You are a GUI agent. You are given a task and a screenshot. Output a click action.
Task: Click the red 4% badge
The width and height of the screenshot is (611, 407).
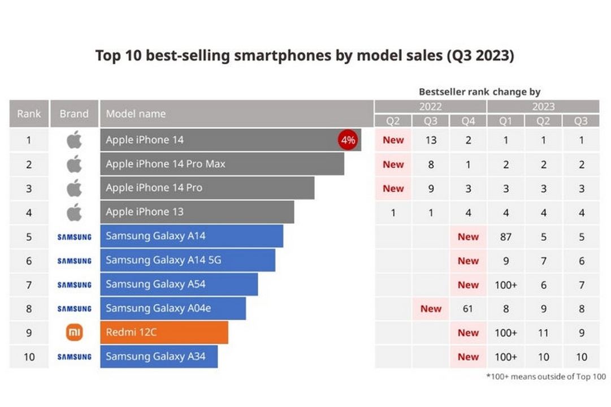[x=348, y=140]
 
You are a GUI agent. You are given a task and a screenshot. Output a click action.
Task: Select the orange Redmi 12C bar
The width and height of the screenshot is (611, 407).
[x=164, y=332]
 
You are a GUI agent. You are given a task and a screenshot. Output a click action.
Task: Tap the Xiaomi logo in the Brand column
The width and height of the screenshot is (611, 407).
[x=74, y=333]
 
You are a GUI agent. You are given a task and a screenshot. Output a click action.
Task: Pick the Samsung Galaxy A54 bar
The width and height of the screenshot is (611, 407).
[x=179, y=284]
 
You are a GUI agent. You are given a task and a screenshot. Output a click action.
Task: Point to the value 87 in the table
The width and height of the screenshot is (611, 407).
[x=505, y=237]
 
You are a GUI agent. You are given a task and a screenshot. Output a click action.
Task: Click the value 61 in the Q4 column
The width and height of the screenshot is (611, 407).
[x=468, y=309]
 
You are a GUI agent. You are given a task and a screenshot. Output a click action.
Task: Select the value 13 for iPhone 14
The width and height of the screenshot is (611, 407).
[x=431, y=140]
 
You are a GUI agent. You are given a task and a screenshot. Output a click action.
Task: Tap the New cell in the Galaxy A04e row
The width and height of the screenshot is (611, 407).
[x=431, y=309]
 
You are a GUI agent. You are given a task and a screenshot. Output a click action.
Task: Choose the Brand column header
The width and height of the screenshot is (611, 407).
[x=74, y=114]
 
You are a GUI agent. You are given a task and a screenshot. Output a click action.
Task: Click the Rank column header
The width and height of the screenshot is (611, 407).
[x=29, y=114]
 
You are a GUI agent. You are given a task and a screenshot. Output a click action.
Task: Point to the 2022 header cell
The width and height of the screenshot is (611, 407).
[x=431, y=106]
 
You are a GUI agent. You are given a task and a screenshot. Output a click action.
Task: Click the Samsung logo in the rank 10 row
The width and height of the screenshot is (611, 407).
[x=74, y=357]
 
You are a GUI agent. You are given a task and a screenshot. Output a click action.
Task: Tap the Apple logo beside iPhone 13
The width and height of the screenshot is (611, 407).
[x=74, y=212]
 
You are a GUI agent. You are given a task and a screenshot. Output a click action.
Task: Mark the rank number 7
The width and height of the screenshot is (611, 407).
[x=29, y=285]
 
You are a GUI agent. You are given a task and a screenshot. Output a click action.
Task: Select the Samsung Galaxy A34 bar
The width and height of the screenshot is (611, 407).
[x=159, y=357]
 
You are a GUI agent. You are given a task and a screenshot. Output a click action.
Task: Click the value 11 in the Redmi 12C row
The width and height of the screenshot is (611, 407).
[x=543, y=333]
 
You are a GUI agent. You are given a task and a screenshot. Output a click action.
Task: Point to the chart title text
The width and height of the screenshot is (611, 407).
[x=305, y=56]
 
